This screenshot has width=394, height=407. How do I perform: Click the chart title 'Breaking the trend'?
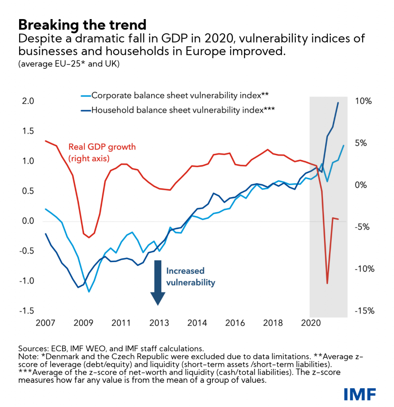pyautogui.click(x=82, y=25)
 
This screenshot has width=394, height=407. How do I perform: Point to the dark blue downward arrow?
pyautogui.click(x=158, y=282)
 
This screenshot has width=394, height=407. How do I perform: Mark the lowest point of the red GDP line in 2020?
pyautogui.click(x=327, y=283)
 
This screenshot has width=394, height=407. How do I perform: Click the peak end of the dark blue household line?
pyautogui.click(x=338, y=103)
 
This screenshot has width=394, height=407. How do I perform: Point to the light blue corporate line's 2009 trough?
pyautogui.click(x=89, y=292)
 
